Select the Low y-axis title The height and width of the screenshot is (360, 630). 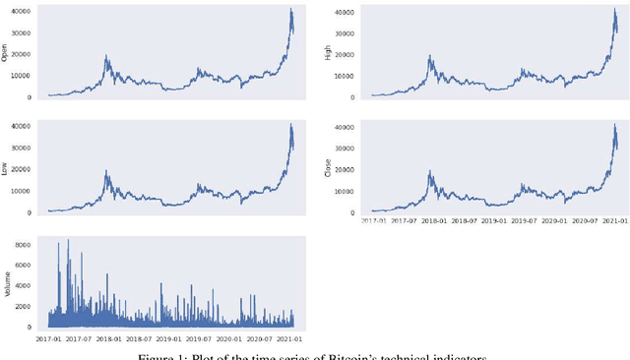coord(6,168)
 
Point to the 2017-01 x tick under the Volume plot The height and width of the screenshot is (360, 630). coord(49,340)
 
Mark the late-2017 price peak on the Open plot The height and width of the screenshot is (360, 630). coord(106,56)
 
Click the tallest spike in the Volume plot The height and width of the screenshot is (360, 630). coord(67,239)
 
